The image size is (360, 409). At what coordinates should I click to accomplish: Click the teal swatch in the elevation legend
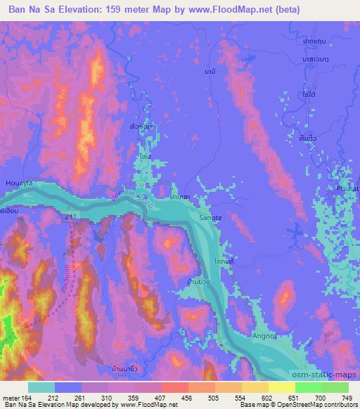coord(41,387)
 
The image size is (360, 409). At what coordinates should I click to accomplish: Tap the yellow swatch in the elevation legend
coord(281,387)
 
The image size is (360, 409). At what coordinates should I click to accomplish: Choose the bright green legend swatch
coord(308,387)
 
